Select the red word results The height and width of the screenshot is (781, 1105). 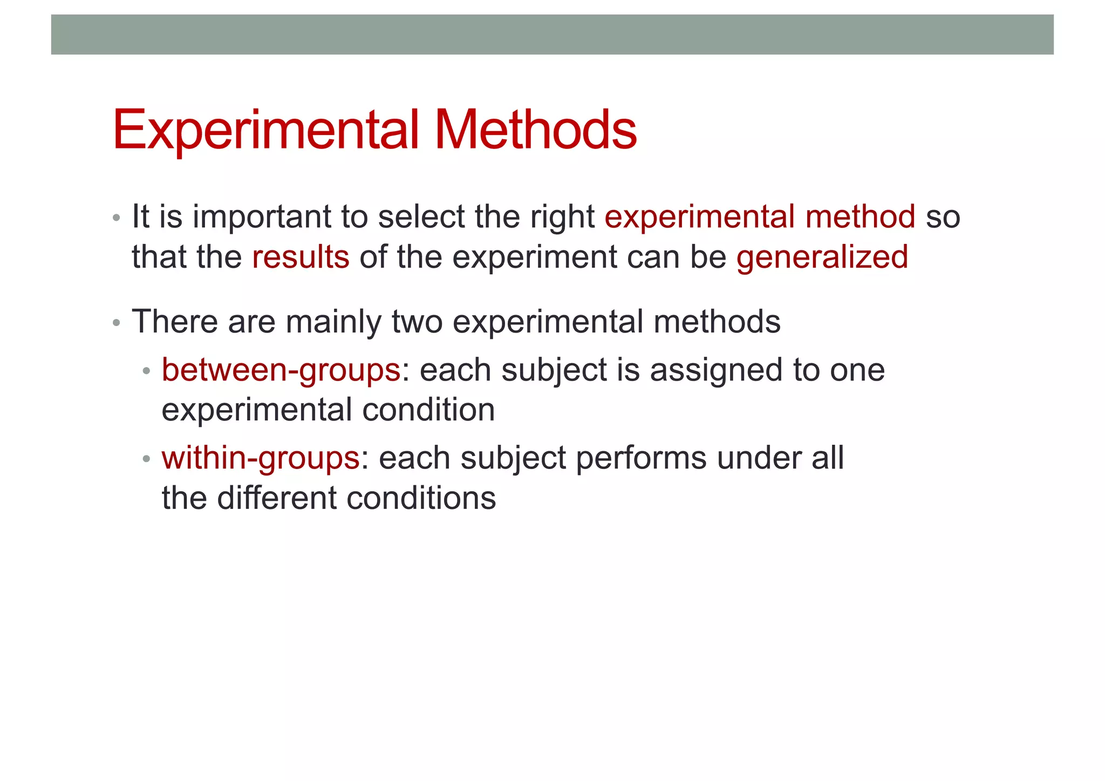coord(301,257)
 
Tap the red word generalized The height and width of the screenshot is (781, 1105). coord(822,258)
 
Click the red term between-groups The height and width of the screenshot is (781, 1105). coord(281,371)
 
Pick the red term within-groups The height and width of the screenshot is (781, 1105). coord(261,459)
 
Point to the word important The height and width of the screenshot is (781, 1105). coord(262,218)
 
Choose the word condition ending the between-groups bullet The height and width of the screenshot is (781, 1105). coord(428,410)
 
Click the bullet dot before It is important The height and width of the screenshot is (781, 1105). coord(116,219)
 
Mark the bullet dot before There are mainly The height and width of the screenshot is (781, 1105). coord(116,323)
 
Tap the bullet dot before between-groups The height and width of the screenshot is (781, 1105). coord(146,372)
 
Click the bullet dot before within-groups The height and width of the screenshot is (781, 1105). coord(146,460)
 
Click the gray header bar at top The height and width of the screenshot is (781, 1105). coord(552,35)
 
